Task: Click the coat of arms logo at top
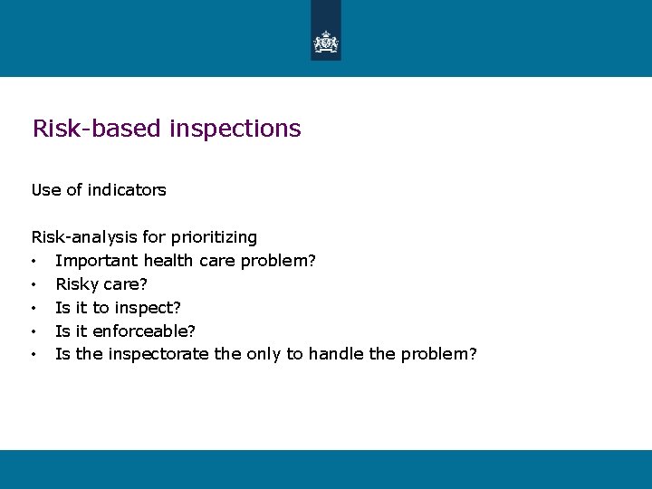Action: (x=325, y=42)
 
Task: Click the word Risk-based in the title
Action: (x=97, y=129)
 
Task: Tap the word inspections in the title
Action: (x=235, y=129)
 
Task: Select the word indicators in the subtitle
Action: (x=127, y=190)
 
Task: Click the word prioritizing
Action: (x=215, y=237)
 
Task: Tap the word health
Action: (x=167, y=261)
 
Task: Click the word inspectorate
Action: (x=158, y=354)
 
